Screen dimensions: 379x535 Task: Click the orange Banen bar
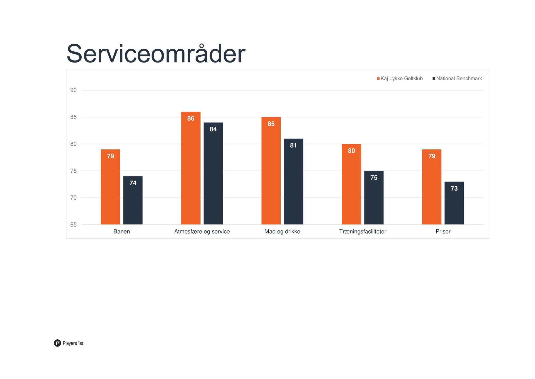point(110,187)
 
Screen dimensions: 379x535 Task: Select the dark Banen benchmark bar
point(133,200)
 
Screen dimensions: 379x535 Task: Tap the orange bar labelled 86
point(191,168)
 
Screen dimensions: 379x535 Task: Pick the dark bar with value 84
point(213,173)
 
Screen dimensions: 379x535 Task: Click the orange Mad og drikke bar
point(271,171)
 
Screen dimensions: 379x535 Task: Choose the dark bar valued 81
point(293,181)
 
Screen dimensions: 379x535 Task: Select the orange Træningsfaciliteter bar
point(351,184)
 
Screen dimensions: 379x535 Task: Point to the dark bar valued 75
point(374,198)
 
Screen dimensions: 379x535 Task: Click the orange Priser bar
point(432,187)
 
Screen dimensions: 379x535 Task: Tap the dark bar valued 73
point(454,203)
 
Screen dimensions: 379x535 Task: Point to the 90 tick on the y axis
point(73,90)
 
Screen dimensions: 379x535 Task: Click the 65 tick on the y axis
point(73,225)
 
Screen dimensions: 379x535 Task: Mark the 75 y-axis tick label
point(73,171)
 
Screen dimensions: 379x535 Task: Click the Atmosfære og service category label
point(202,231)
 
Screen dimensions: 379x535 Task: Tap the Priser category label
point(443,231)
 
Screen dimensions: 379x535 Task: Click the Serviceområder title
point(156,54)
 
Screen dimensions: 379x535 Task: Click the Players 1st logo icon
point(57,343)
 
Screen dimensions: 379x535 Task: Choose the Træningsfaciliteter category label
point(363,231)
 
